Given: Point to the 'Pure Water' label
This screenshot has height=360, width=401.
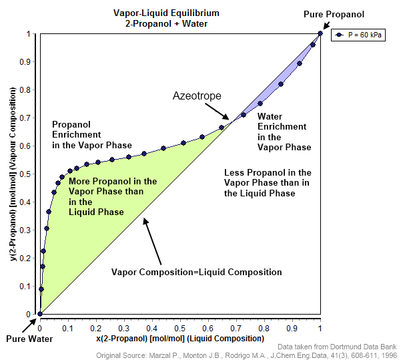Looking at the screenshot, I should tap(29, 339).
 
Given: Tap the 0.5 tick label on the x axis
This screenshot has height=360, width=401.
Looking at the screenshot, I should tap(180, 329).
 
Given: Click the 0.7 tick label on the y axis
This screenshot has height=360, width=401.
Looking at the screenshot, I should tap(29, 118).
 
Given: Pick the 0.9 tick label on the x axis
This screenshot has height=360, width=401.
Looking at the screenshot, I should tap(292, 329).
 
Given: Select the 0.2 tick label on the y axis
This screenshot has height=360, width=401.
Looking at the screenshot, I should tap(29, 258).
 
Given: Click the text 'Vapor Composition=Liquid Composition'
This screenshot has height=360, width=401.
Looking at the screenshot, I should tap(196, 272).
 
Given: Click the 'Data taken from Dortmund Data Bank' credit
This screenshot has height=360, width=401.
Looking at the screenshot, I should tap(338, 347).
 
